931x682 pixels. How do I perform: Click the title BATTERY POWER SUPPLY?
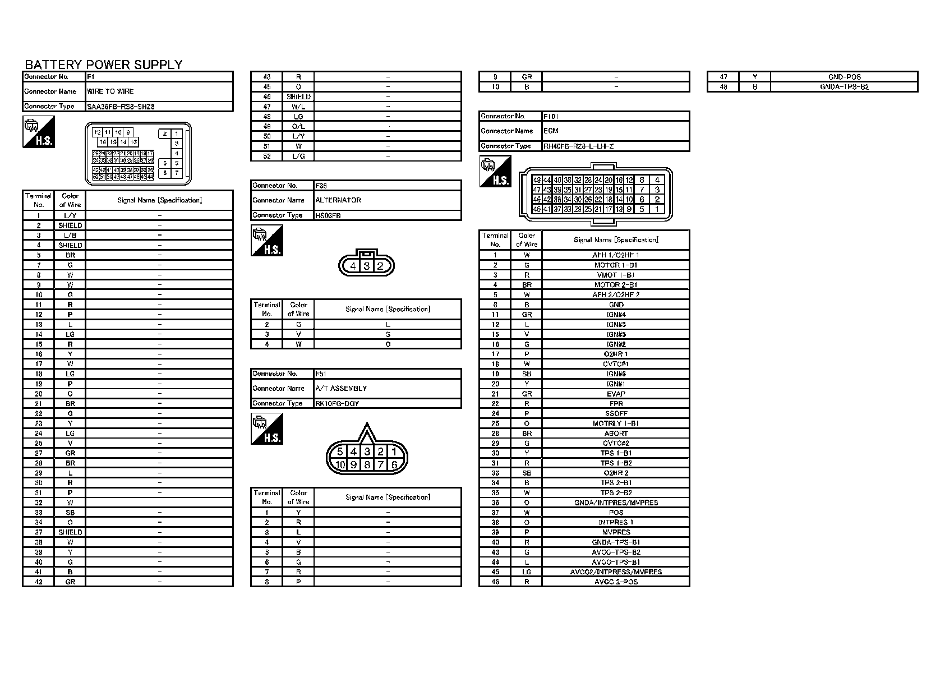(104, 64)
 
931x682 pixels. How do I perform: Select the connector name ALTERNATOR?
(338, 200)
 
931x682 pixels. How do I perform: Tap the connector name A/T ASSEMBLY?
(341, 388)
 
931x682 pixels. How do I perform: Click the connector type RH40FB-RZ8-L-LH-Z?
(578, 146)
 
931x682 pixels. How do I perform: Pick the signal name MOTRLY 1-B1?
(616, 423)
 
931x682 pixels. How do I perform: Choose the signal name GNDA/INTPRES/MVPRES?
(616, 503)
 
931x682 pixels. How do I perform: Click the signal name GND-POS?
(844, 77)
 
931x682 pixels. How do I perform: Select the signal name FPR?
(616, 403)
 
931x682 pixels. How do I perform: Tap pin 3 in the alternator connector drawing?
(366, 266)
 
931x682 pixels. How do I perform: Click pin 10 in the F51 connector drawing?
(340, 464)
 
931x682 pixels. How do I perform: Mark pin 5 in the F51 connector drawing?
(340, 451)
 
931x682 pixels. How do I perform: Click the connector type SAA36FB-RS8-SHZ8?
(121, 107)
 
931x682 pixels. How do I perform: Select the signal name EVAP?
(616, 394)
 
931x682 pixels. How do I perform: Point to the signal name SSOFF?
(616, 413)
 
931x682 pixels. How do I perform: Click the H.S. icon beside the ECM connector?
(495, 172)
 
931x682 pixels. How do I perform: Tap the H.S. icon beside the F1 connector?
(39, 132)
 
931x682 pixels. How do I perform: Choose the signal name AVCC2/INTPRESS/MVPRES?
(616, 572)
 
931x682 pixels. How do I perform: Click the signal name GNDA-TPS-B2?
(844, 87)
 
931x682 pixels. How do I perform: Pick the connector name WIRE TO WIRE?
(110, 91)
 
